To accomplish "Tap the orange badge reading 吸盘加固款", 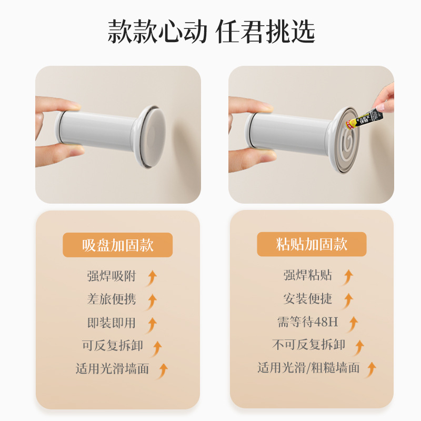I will (x=117, y=245).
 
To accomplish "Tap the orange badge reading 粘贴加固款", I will (x=312, y=245).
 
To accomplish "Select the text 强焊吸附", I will (x=112, y=276).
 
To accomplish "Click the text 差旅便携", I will (x=112, y=299).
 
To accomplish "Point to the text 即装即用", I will (x=112, y=323).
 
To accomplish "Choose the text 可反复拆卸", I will (x=112, y=346).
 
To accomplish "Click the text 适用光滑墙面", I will (x=112, y=369).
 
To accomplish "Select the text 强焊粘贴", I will (x=308, y=275).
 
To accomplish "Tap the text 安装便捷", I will (x=308, y=299).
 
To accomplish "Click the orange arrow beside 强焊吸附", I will (x=152, y=277).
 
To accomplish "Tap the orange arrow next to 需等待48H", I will (x=352, y=323).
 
